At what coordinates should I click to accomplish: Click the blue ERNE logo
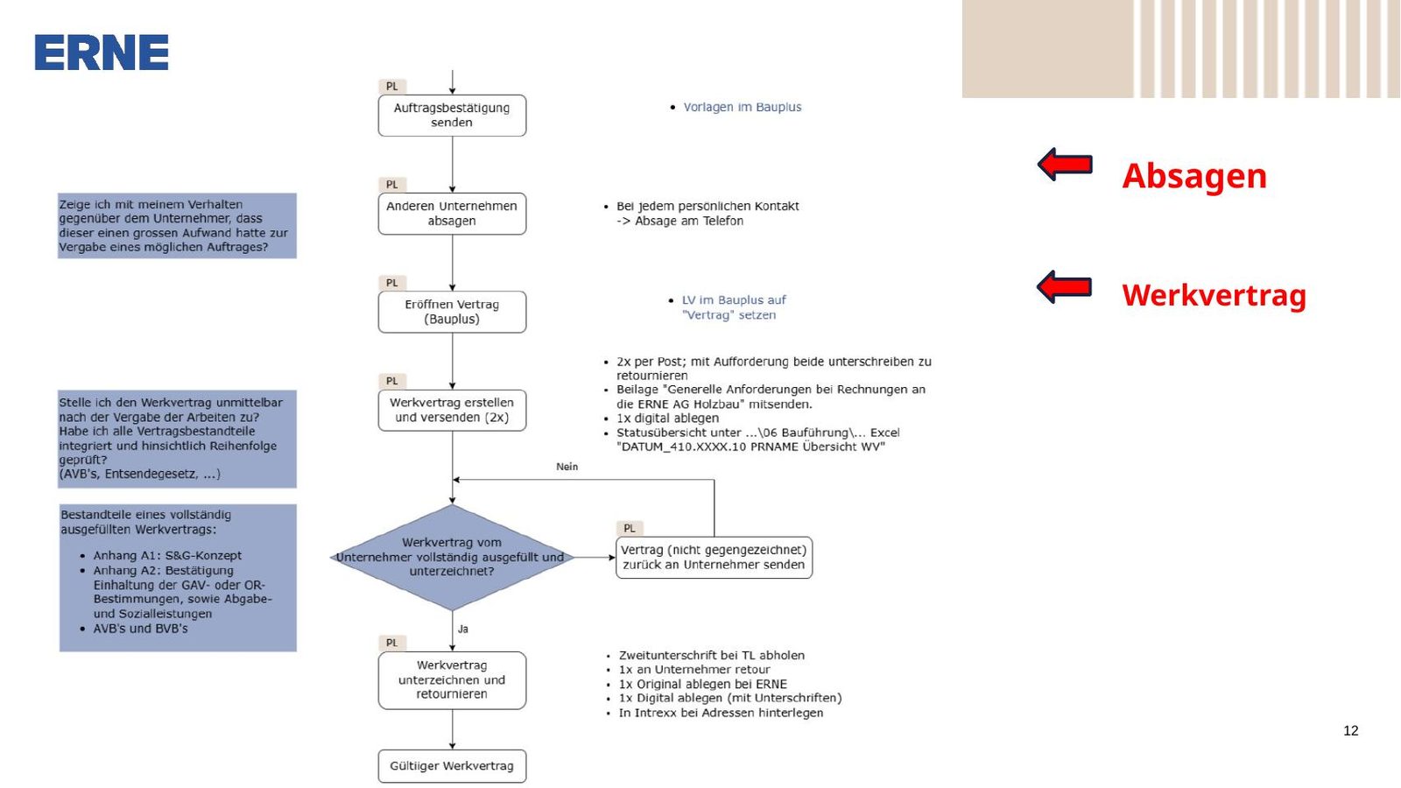[102, 52]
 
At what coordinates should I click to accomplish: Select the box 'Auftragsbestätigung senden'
[452, 115]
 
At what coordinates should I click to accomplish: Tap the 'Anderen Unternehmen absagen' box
[452, 214]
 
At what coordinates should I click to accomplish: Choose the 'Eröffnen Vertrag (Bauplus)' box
[452, 312]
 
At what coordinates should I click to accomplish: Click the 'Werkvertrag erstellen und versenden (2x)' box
[452, 411]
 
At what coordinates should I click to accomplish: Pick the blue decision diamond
[452, 557]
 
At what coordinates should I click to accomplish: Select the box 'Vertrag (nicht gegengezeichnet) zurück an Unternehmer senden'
[714, 557]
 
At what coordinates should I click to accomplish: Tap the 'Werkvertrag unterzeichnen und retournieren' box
[452, 679]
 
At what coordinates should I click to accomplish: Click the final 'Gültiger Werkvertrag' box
[452, 766]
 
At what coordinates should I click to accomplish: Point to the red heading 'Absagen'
[1194, 176]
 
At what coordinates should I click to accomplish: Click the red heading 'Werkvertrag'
[1214, 295]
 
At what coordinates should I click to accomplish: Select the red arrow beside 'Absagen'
[1065, 165]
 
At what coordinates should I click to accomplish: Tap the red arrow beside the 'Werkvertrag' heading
[1065, 287]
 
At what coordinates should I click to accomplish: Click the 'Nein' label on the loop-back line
[567, 467]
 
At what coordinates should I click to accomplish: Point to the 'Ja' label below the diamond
[463, 629]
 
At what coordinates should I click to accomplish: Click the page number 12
[1350, 730]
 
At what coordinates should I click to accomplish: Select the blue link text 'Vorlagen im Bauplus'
[742, 107]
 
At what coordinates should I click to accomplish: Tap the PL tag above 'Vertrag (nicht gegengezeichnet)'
[630, 528]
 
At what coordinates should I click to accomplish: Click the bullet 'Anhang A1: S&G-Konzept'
[167, 555]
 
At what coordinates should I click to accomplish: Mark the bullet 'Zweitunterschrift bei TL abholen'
[711, 655]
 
